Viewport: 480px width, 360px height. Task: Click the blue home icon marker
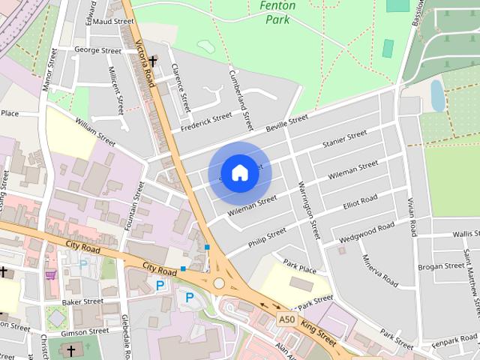click(x=239, y=172)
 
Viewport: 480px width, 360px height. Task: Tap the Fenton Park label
click(x=278, y=12)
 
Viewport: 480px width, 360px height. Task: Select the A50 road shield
click(x=286, y=319)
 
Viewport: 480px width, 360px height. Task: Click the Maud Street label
click(x=113, y=22)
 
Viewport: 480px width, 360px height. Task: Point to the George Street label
click(x=97, y=51)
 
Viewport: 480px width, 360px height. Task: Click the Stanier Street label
click(x=344, y=138)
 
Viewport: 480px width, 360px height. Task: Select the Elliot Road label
click(x=360, y=203)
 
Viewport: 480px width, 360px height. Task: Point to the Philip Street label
click(x=267, y=238)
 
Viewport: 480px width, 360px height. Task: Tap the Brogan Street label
click(x=441, y=266)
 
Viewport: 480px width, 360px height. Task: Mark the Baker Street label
click(x=82, y=301)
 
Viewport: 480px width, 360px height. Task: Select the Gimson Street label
click(x=85, y=331)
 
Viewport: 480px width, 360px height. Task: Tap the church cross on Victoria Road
click(x=153, y=61)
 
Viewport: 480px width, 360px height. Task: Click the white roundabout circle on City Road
click(x=219, y=283)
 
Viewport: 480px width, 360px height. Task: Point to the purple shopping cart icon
click(x=51, y=274)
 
